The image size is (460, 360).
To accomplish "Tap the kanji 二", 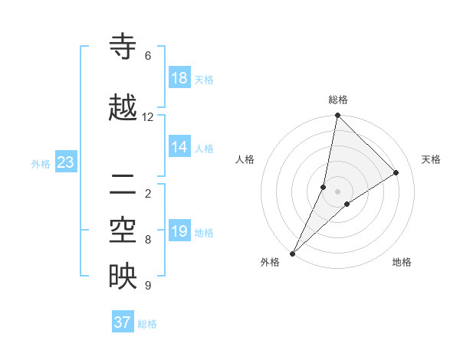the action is (123, 185).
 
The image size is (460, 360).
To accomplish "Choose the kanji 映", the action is (123, 277).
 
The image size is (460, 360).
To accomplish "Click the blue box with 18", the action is (179, 78).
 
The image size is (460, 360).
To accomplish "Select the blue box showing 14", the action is (179, 147).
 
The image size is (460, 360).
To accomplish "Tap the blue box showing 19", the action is (179, 231).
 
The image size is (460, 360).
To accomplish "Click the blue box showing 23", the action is (65, 162).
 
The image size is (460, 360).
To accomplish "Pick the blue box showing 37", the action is (123, 322).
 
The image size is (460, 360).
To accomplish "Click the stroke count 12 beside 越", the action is (148, 117).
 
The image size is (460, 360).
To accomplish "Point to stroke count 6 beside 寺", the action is (148, 56).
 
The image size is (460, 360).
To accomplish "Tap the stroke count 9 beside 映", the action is (148, 286).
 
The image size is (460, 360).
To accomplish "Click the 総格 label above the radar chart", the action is (337, 100).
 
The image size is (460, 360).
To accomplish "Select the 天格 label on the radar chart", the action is (431, 159).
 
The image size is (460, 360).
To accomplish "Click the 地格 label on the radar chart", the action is (402, 262).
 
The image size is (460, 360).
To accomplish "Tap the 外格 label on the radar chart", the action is (270, 262).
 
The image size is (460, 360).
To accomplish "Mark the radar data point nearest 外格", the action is (293, 254).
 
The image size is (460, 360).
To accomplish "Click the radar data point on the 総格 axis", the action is (337, 116).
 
